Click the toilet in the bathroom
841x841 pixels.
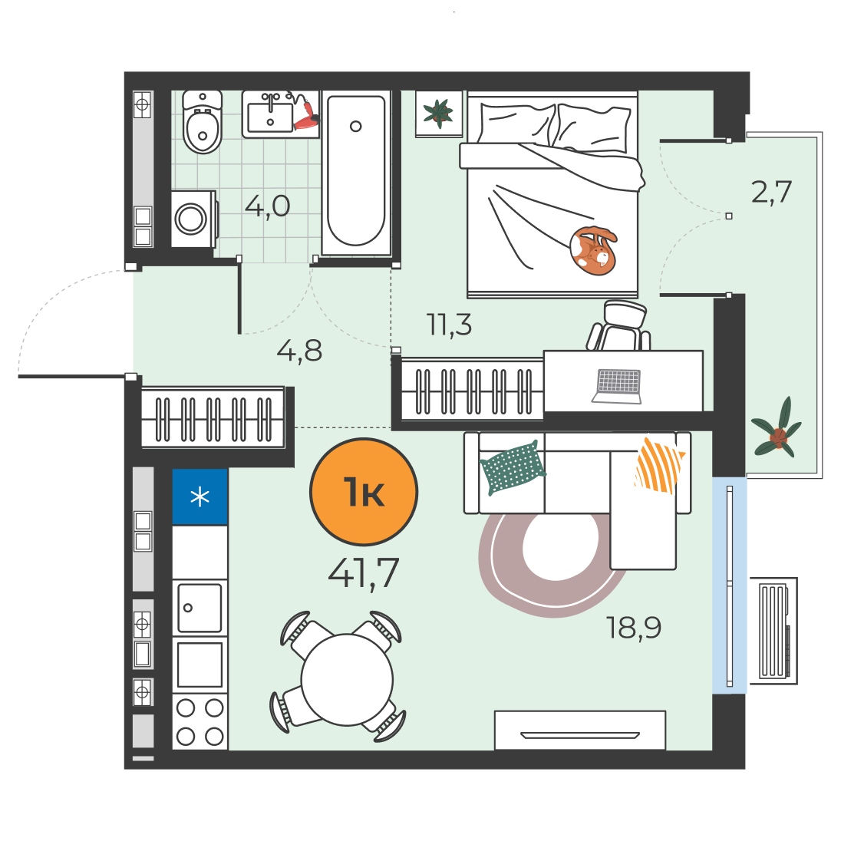click(203, 122)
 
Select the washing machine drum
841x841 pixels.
click(191, 219)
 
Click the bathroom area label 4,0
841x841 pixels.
click(267, 206)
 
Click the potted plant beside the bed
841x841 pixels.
click(439, 113)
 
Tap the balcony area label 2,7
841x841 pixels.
click(771, 192)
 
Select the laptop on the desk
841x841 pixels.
click(618, 386)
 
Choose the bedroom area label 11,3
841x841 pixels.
click(449, 325)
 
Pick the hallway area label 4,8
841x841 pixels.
click(299, 351)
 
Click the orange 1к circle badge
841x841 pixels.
click(364, 492)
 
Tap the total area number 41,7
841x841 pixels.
click(364, 573)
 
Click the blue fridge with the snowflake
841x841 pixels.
click(200, 496)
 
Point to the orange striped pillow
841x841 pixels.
click(659, 465)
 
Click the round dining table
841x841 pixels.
click(347, 680)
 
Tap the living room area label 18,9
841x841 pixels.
click(633, 627)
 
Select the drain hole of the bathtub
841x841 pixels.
click(355, 127)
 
